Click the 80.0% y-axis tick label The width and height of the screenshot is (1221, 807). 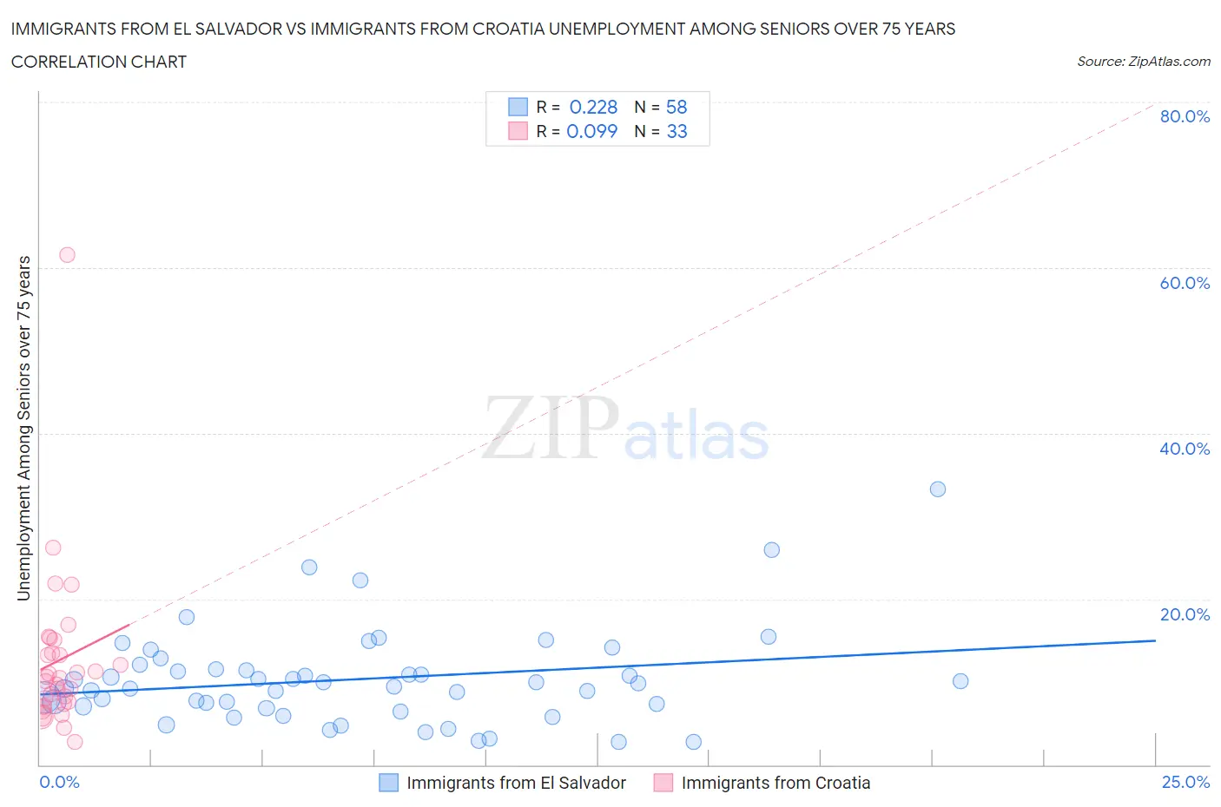[1184, 116]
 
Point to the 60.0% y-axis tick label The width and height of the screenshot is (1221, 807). [1184, 283]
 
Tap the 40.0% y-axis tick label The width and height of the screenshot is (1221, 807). [1184, 449]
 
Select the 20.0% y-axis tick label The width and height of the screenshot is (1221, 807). [1184, 614]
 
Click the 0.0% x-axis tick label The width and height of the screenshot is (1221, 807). [59, 782]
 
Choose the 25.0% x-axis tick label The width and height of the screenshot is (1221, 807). [1185, 782]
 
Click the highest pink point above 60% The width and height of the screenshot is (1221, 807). [67, 255]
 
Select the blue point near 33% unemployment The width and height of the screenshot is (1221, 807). [938, 489]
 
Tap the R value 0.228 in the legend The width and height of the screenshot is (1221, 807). [593, 107]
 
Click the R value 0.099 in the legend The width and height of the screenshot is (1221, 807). [591, 131]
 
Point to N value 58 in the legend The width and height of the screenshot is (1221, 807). [676, 107]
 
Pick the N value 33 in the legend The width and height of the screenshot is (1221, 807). [676, 131]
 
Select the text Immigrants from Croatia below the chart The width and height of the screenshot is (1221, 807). [775, 783]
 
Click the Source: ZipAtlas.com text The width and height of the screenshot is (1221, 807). [1143, 62]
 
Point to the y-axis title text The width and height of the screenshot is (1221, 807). [24, 429]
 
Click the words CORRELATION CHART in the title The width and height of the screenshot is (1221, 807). [99, 62]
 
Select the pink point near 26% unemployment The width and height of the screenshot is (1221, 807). [53, 548]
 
